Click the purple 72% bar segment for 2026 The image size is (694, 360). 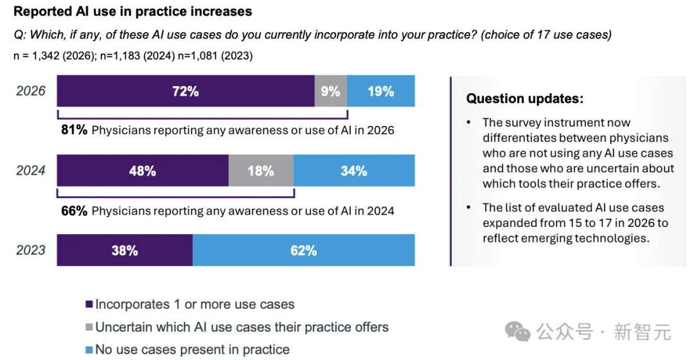coord(185,91)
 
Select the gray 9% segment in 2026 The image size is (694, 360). coord(330,91)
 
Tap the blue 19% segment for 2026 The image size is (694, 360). coord(380,91)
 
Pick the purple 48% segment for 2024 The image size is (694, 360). coord(143,171)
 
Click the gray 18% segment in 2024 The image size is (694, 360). coord(261,171)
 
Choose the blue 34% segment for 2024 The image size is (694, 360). coord(354,171)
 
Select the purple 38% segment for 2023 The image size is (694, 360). coord(125,250)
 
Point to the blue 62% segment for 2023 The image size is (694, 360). coord(303,250)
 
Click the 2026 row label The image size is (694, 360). coord(31,91)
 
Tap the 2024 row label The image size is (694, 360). coord(31,171)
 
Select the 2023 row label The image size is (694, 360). coord(31,250)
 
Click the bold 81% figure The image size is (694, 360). coord(75,130)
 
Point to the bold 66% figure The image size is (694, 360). coord(75,211)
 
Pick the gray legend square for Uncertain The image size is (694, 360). coord(89,328)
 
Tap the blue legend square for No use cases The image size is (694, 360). coord(89,350)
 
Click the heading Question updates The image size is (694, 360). coord(524,99)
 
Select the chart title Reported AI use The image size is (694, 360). coord(132,12)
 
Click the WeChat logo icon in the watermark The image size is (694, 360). coord(518,331)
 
